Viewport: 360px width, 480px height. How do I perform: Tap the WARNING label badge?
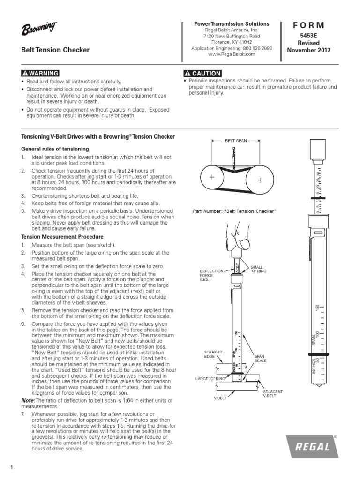[40, 73]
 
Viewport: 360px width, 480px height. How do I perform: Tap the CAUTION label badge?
[202, 73]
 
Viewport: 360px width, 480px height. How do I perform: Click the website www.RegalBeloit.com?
[232, 54]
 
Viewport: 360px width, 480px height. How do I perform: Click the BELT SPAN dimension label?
[235, 140]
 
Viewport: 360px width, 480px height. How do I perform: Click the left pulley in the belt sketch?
[212, 178]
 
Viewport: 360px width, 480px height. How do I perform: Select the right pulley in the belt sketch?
[259, 180]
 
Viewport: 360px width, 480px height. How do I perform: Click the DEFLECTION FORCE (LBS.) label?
[210, 275]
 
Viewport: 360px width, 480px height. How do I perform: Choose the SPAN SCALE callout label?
[260, 359]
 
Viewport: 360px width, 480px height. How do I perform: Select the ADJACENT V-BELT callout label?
[272, 393]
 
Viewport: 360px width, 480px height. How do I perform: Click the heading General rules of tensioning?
[55, 149]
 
